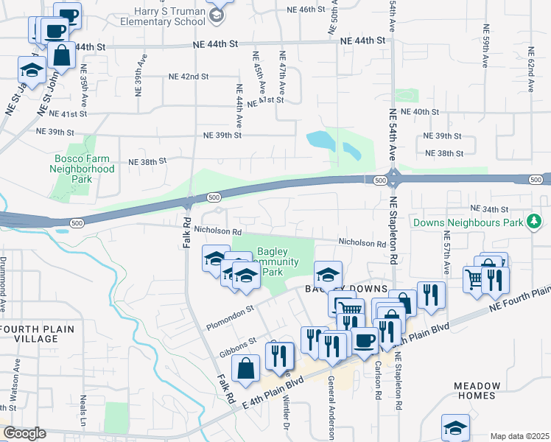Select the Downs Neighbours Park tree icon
tap(535, 221)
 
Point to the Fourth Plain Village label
tap(29, 334)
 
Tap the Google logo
tap(24, 433)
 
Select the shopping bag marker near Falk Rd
tap(245, 368)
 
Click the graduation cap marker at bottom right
tap(455, 427)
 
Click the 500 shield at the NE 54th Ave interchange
tap(380, 180)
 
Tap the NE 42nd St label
tap(189, 77)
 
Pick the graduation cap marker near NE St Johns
tap(32, 69)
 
